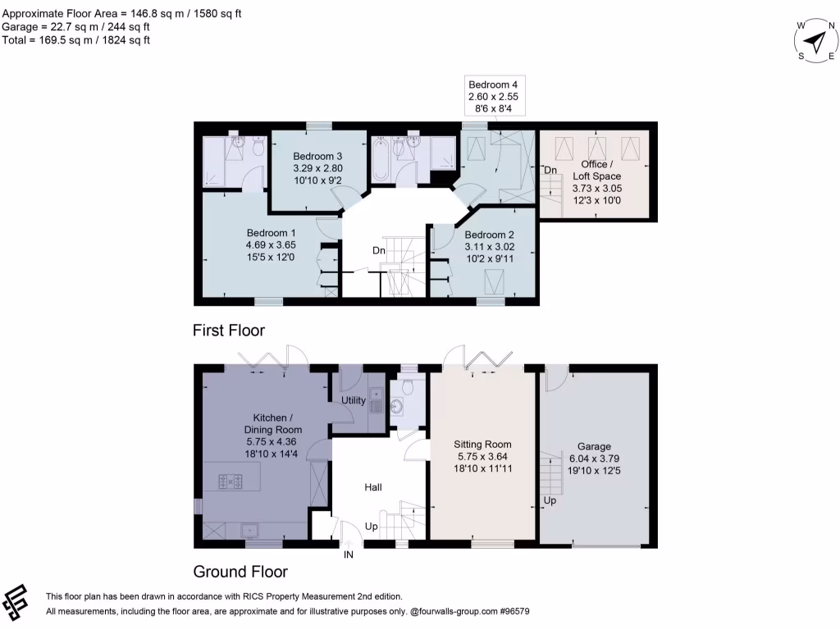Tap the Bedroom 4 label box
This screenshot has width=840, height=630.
click(493, 96)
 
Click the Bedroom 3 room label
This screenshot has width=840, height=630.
click(317, 169)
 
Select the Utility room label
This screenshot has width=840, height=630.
click(353, 400)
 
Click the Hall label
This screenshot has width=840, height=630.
click(373, 487)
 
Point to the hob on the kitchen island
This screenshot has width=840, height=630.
click(230, 482)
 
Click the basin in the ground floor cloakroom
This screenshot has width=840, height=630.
click(399, 405)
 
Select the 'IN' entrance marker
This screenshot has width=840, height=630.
click(349, 555)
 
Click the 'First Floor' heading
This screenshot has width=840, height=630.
click(229, 331)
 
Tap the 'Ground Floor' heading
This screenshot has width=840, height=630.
click(240, 571)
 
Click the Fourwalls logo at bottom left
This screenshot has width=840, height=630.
click(17, 603)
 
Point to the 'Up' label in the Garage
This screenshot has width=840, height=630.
click(550, 500)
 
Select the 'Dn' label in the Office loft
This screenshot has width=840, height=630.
click(551, 170)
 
